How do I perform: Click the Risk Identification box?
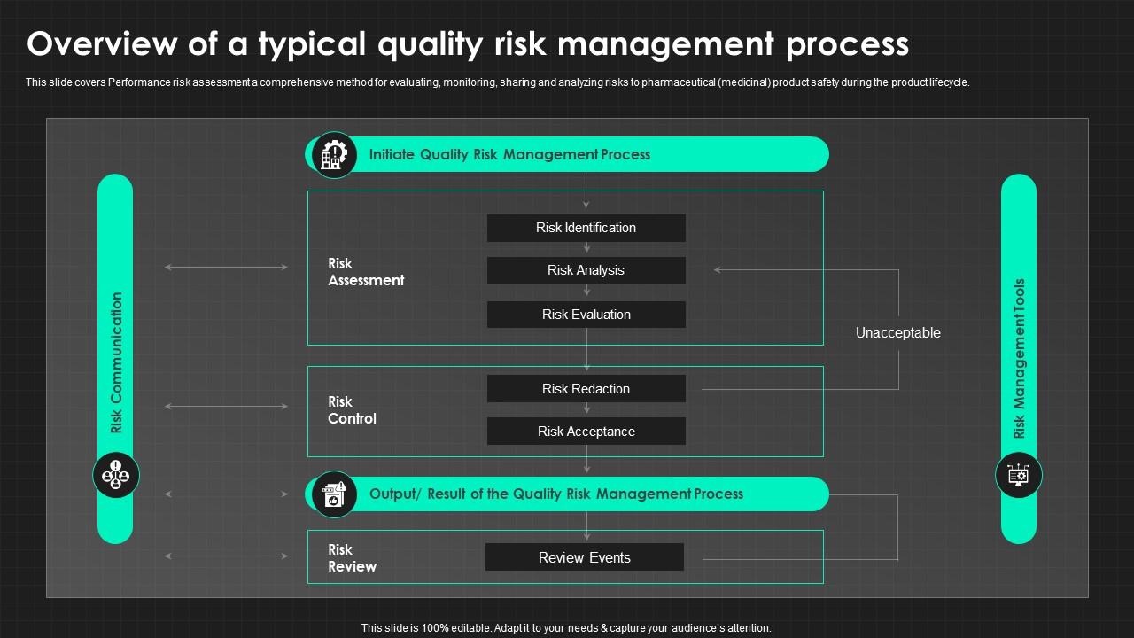pyautogui.click(x=586, y=228)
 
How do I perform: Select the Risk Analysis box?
pyautogui.click(x=586, y=270)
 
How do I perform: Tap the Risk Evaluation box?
pyautogui.click(x=586, y=315)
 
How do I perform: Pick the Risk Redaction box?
pyautogui.click(x=586, y=389)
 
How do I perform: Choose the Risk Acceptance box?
pyautogui.click(x=586, y=432)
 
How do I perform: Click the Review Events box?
pyautogui.click(x=585, y=557)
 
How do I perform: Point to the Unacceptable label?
pyautogui.click(x=897, y=333)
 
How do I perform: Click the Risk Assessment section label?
pyautogui.click(x=365, y=272)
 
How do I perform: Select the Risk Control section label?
pyautogui.click(x=352, y=410)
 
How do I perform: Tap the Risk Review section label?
pyautogui.click(x=352, y=558)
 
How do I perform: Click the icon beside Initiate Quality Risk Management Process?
pyautogui.click(x=334, y=155)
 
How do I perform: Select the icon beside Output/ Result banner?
pyautogui.click(x=334, y=494)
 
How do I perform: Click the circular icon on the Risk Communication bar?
pyautogui.click(x=116, y=475)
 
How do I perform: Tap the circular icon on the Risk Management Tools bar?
pyautogui.click(x=1019, y=475)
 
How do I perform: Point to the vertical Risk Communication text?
pyautogui.click(x=117, y=362)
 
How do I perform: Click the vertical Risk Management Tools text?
pyautogui.click(x=1019, y=359)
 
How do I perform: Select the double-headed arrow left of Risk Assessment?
pyautogui.click(x=227, y=267)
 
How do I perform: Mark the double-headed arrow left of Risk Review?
pyautogui.click(x=227, y=556)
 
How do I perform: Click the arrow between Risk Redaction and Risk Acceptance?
pyautogui.click(x=586, y=409)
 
